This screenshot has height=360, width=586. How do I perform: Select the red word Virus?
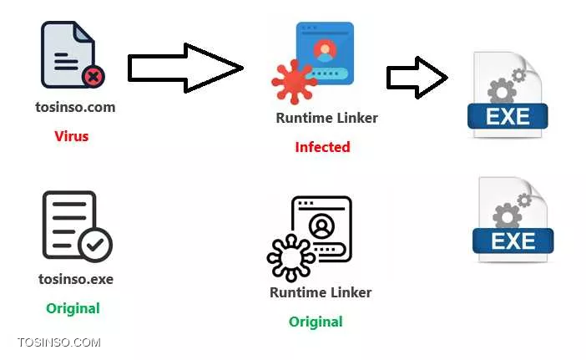click(71, 135)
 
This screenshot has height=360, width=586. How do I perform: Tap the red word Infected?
click(322, 147)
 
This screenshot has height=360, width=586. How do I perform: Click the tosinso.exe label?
click(76, 279)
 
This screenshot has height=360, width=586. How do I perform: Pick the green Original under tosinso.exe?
click(73, 308)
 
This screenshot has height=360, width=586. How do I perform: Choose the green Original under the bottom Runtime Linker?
click(316, 322)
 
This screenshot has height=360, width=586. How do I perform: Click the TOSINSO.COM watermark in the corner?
click(58, 342)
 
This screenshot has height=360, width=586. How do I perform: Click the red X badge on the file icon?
click(93, 78)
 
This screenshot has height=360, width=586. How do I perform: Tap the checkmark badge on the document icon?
click(94, 245)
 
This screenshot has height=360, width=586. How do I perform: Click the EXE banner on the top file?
click(508, 116)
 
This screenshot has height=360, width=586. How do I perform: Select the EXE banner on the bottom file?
click(513, 240)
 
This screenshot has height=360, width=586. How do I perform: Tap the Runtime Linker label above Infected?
click(326, 118)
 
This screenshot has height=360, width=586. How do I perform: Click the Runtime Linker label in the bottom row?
click(321, 292)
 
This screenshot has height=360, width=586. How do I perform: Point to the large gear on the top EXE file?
click(499, 90)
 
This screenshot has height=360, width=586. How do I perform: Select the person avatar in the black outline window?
click(321, 226)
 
